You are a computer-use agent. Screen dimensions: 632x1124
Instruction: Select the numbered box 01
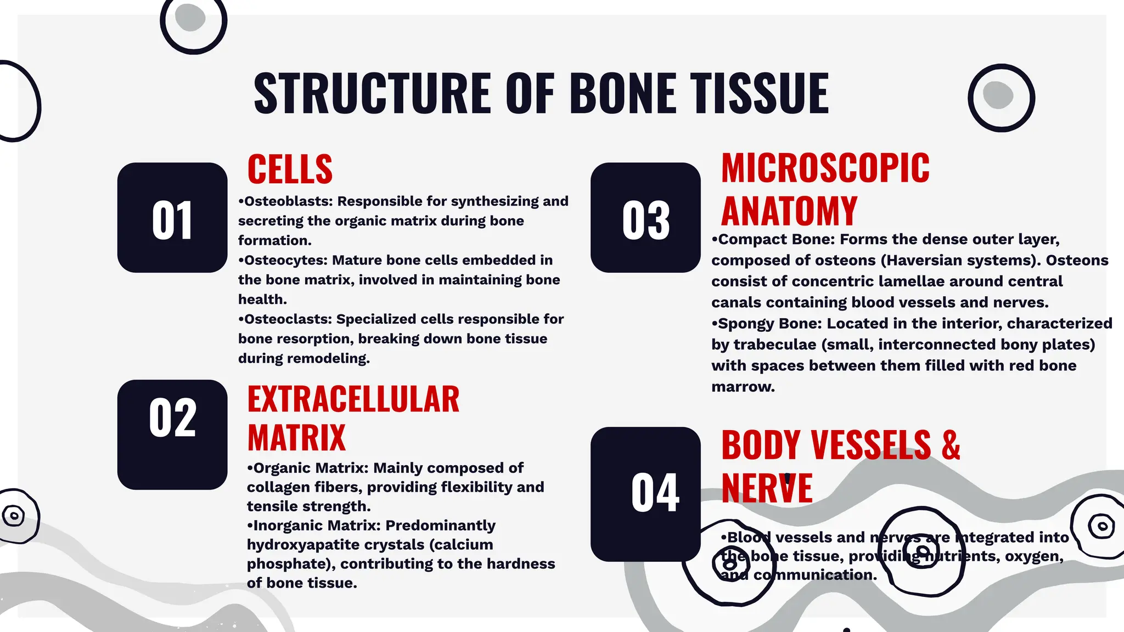pyautogui.click(x=172, y=218)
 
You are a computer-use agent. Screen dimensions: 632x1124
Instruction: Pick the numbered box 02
pyautogui.click(x=172, y=435)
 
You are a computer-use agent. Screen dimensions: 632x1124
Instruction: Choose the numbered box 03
pyautogui.click(x=645, y=218)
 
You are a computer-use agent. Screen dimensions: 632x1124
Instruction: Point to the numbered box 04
pyautogui.click(x=645, y=494)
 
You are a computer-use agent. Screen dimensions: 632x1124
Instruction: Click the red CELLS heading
pyautogui.click(x=290, y=170)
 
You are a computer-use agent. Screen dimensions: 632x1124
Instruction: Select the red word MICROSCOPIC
pyautogui.click(x=825, y=168)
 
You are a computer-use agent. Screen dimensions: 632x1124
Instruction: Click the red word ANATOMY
pyautogui.click(x=789, y=211)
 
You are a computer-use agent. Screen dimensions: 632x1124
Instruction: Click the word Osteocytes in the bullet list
pyautogui.click(x=285, y=260)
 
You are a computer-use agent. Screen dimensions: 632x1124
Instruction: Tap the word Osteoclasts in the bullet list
pyautogui.click(x=288, y=319)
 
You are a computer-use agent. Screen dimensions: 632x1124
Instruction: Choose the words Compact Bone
pyautogui.click(x=775, y=240)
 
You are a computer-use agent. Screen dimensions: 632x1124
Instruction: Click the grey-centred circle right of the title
pyautogui.click(x=1001, y=98)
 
